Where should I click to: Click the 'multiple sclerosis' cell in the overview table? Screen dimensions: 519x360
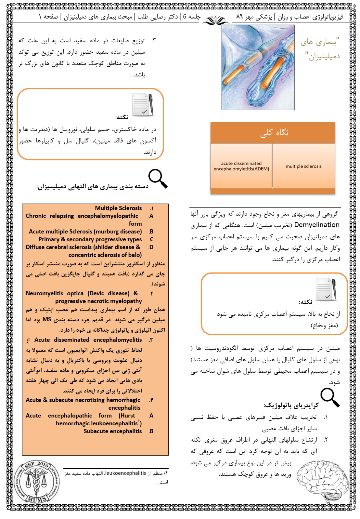[303, 166]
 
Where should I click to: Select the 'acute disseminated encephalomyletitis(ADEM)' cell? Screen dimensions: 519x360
[241, 166]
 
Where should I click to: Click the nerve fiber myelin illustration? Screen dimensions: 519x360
[258, 67]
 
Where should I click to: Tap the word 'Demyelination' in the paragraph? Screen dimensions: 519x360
[316, 225]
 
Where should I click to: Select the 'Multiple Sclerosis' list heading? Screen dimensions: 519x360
[118, 208]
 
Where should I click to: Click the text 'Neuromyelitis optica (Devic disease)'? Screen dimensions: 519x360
[77, 293]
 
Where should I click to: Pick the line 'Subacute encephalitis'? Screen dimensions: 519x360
[112, 431]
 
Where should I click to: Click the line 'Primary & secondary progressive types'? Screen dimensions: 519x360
[90, 239]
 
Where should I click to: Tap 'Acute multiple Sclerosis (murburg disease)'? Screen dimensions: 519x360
[85, 232]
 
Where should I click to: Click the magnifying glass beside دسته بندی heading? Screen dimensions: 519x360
[158, 179]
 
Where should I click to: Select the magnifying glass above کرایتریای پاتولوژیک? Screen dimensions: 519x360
[330, 397]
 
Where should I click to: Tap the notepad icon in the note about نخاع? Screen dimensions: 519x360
[326, 289]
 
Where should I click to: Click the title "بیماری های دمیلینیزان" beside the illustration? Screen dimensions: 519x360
[320, 49]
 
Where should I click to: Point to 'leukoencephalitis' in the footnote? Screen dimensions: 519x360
[125, 473]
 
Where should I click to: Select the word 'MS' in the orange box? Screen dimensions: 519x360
[47, 319]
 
